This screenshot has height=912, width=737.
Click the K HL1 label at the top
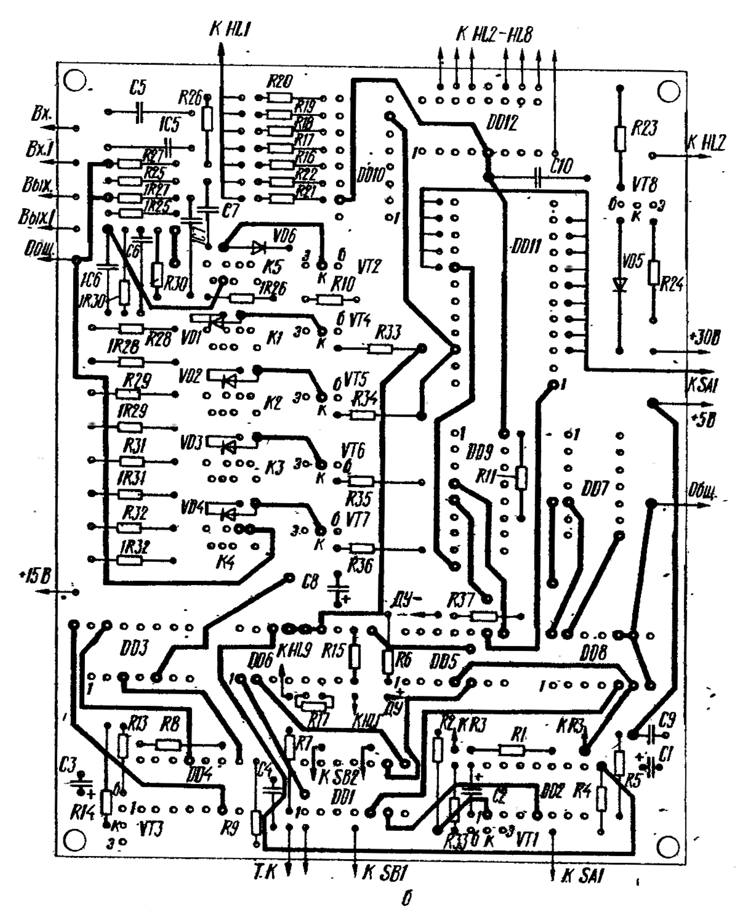coord(230,29)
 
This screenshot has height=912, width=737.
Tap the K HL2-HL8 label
coord(494,35)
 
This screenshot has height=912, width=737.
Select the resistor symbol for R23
coord(620,138)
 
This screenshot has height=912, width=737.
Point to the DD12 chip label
coord(501,124)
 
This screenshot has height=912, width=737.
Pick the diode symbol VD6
coord(259,248)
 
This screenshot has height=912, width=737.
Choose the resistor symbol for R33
coord(380,349)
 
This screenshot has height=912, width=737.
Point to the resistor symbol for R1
coord(512,750)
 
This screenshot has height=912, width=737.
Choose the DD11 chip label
coord(526,248)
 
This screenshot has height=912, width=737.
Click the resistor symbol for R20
coord(279,98)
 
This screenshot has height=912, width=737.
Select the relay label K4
coord(224,563)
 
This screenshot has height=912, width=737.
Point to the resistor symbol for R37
coord(482,616)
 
